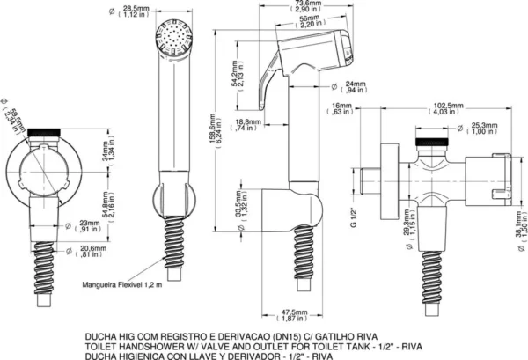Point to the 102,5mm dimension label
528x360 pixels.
pos(444,109)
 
